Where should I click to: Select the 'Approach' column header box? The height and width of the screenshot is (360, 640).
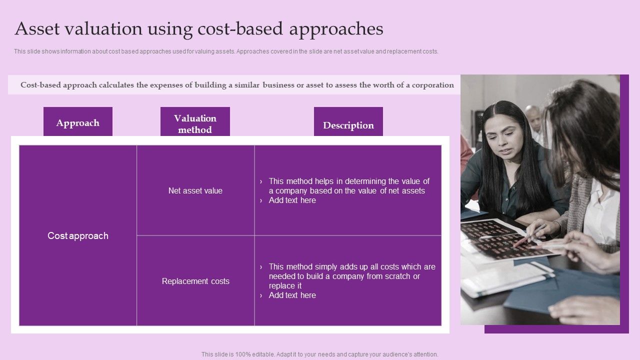78,122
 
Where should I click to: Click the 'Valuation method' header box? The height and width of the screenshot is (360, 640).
195,123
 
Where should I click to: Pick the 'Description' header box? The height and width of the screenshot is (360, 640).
348,125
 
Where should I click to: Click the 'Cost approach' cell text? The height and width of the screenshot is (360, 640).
78,235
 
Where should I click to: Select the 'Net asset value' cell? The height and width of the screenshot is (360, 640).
195,190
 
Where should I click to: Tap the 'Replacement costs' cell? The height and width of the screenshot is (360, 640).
195,281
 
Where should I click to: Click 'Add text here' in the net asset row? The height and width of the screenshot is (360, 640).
292,200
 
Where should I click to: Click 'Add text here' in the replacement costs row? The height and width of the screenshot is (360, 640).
292,295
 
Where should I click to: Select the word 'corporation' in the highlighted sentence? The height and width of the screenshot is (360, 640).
433,85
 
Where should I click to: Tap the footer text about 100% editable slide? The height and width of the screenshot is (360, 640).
319,354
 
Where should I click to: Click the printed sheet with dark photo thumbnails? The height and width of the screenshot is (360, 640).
495,237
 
